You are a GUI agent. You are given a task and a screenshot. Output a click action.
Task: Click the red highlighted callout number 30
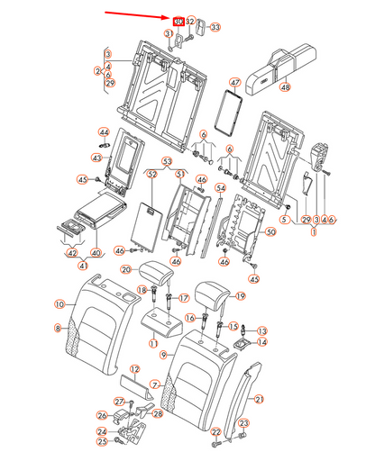pos(178,20)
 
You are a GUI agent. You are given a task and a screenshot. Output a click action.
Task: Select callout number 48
pos(285,87)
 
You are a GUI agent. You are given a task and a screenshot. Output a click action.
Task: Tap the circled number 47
pos(234,83)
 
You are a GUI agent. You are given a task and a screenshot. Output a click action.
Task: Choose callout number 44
pos(104,131)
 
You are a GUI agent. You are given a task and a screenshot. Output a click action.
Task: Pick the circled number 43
pos(96,158)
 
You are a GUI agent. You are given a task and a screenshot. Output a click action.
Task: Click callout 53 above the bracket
pos(166,160)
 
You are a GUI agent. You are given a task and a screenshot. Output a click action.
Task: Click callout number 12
pos(134,369)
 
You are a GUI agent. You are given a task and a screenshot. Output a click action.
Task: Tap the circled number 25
pos(102,442)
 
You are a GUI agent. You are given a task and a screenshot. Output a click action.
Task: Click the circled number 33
pos(215,28)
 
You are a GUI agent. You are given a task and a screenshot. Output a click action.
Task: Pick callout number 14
pos(262,342)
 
